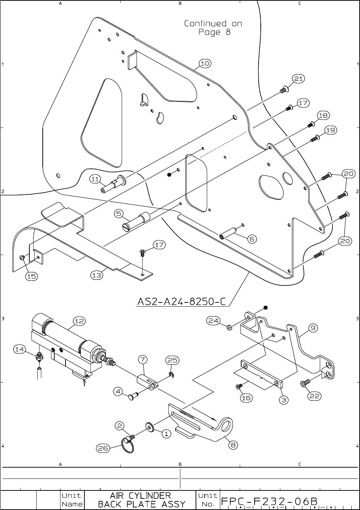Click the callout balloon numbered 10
(205, 63)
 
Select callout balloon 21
(298, 79)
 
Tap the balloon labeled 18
(323, 116)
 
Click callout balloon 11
(95, 179)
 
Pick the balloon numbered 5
(119, 214)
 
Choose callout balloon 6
(252, 239)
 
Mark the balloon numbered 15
(32, 276)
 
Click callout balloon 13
(96, 275)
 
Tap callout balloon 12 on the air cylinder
(79, 321)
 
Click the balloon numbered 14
(20, 349)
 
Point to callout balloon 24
(213, 320)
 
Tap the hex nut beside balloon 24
(229, 328)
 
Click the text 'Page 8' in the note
(214, 32)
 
